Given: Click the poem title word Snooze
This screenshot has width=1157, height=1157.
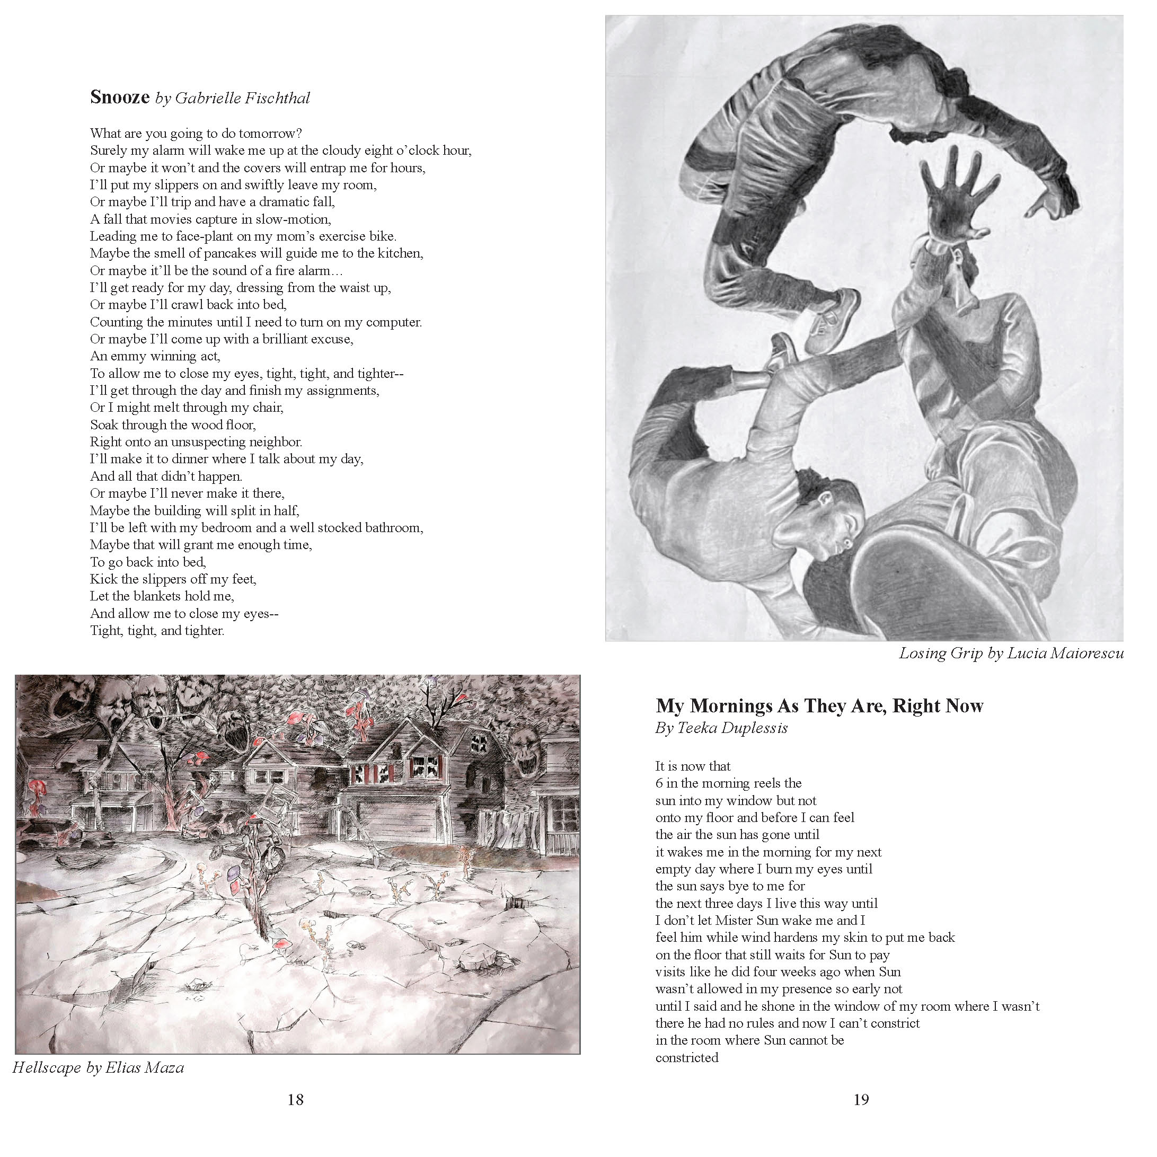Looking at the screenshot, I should coord(119,97).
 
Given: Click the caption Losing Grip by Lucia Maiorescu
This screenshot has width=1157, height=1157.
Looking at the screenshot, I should coord(1010,653).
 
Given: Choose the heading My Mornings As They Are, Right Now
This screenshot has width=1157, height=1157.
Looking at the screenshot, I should coord(819,705).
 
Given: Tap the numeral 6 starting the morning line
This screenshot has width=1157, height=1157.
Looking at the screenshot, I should coord(659,783).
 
